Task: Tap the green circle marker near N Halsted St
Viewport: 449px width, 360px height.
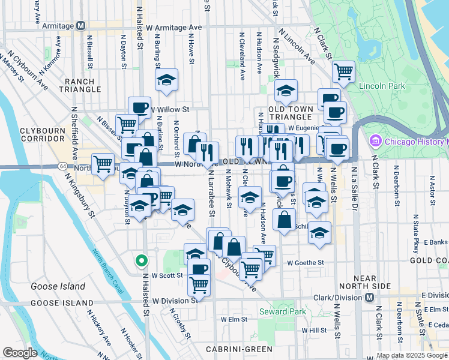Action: click(x=141, y=261)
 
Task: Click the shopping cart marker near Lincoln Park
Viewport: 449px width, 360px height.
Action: click(x=343, y=71)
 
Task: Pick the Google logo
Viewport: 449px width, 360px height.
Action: click(x=20, y=353)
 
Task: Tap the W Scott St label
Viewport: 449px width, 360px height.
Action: click(x=166, y=275)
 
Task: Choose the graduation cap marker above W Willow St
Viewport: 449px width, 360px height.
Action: click(x=166, y=79)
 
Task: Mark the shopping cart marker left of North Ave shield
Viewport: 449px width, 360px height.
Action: click(x=104, y=163)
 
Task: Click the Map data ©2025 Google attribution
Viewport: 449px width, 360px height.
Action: click(x=411, y=355)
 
